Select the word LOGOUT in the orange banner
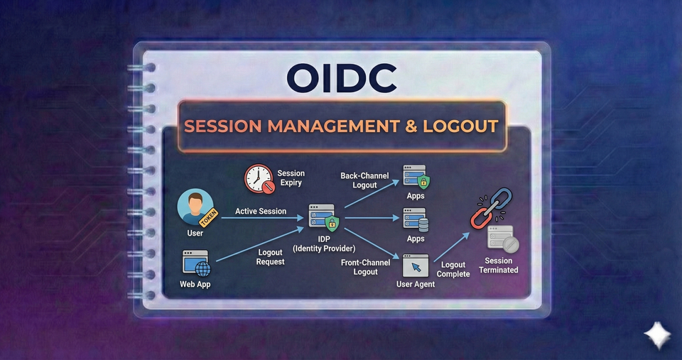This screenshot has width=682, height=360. click(x=460, y=126)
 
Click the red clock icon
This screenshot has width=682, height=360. click(x=259, y=179)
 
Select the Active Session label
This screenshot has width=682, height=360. click(x=261, y=211)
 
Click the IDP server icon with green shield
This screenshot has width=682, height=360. click(x=323, y=218)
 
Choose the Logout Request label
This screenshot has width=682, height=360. click(x=270, y=257)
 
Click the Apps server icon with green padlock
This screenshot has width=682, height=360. click(x=416, y=177)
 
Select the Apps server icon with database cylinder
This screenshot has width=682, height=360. click(x=416, y=219)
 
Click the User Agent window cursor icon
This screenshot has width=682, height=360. click(x=416, y=266)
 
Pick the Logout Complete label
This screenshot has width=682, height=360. click(x=453, y=269)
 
